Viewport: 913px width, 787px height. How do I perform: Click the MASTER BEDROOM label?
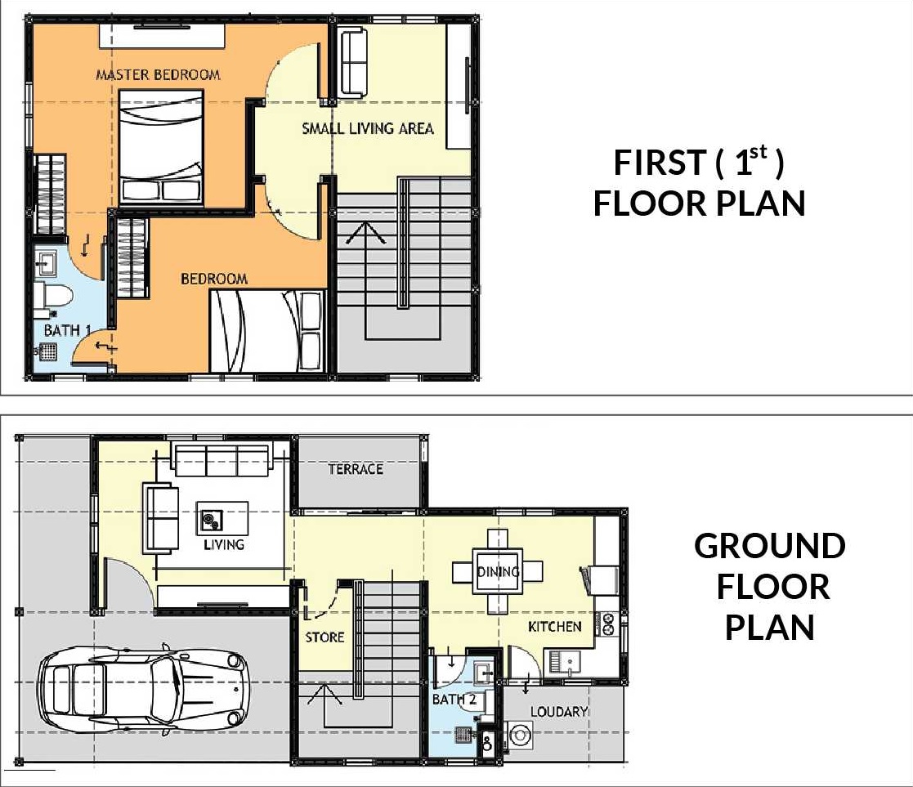(158, 74)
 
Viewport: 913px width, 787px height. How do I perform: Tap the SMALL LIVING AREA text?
(368, 128)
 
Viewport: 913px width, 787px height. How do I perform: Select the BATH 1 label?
(67, 331)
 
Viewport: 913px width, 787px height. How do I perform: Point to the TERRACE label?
(356, 469)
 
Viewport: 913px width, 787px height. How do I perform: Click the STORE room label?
(324, 637)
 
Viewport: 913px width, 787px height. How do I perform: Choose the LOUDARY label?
(558, 711)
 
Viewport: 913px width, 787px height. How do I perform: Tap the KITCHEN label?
(554, 627)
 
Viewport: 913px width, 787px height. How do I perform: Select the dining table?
(497, 571)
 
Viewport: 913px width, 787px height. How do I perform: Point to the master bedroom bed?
(161, 148)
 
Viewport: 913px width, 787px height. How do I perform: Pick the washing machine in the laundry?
(519, 736)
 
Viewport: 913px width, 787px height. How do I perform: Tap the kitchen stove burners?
(608, 624)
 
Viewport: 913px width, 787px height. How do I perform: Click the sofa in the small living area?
(353, 62)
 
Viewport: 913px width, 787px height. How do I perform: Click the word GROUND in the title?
(769, 546)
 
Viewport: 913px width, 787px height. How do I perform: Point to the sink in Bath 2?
(483, 673)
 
